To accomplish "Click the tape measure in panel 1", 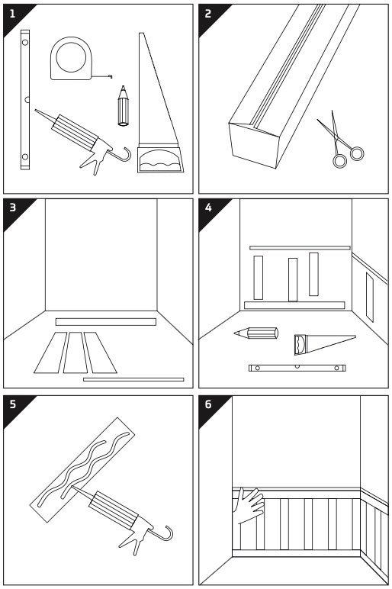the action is [72, 59].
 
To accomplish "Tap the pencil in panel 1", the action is [123, 106].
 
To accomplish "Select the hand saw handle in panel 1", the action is [160, 159].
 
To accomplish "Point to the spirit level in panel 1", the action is [24, 100].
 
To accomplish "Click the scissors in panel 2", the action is [339, 140].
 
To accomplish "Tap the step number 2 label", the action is [208, 14].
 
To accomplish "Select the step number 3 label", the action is [13, 208].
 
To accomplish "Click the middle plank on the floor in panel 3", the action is [75, 352].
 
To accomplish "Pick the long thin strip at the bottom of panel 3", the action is [133, 379].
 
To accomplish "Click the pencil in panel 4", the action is [256, 333].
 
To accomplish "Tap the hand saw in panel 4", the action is [325, 343].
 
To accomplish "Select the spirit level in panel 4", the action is [297, 368].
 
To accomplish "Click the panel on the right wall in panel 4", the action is [369, 297].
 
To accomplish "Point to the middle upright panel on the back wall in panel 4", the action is [293, 279].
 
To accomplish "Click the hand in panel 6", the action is [249, 505].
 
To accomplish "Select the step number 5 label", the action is [13, 404].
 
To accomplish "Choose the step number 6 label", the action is [208, 404].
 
